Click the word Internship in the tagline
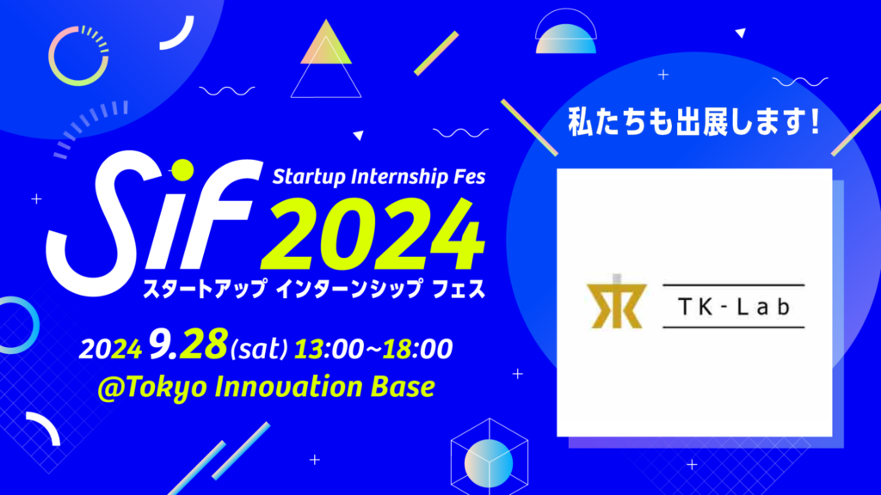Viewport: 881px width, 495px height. click(391, 178)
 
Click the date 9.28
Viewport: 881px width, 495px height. click(187, 348)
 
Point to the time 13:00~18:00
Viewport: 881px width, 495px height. click(373, 348)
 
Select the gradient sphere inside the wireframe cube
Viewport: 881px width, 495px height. click(488, 459)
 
